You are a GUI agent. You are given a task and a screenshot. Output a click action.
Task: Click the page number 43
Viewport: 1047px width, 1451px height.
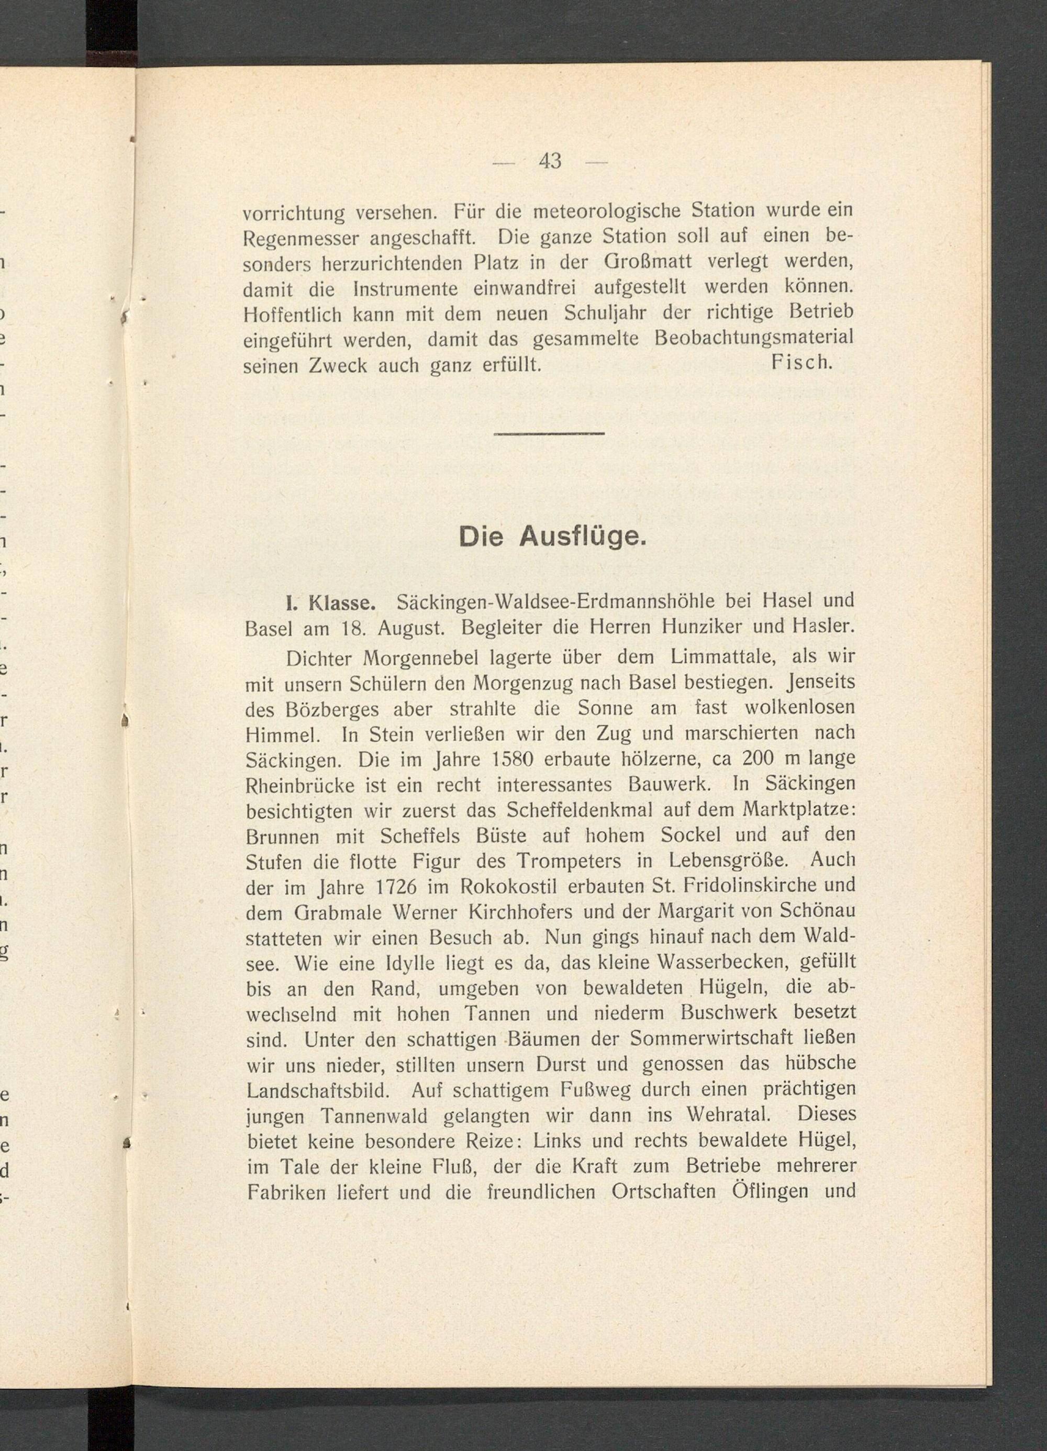click(x=550, y=161)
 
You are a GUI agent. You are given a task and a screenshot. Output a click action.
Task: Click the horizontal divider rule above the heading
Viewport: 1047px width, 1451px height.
click(x=550, y=434)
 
